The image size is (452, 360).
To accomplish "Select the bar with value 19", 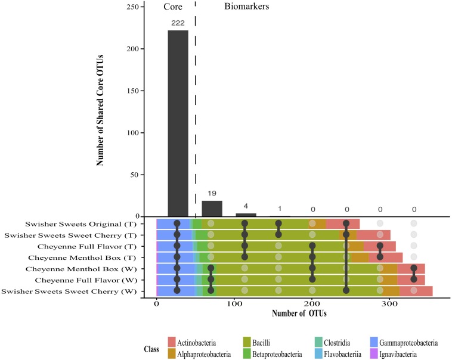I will [212, 209].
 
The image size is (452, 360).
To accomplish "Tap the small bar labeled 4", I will [246, 215].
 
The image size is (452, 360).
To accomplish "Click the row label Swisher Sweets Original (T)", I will [75, 224].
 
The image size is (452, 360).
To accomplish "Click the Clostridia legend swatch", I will [320, 343].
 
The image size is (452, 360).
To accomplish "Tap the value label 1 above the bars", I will [280, 210].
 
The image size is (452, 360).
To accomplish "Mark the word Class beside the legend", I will [153, 348].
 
